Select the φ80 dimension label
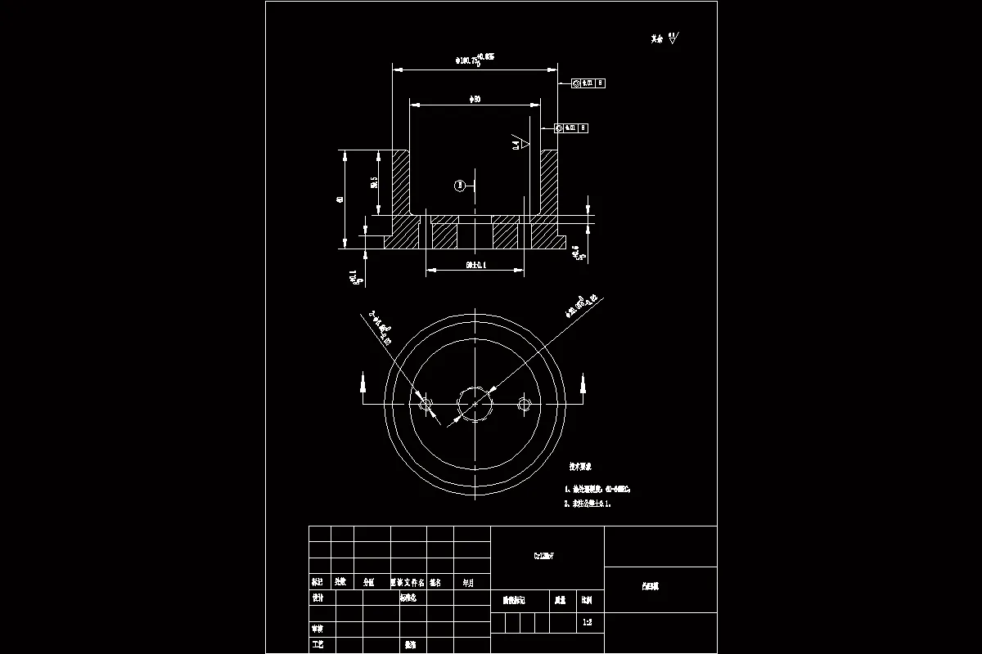(475, 99)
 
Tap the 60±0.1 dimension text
(475, 266)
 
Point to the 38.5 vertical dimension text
(374, 183)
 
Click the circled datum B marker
(460, 186)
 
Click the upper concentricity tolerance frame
(588, 83)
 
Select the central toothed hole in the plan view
(475, 403)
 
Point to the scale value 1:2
(587, 622)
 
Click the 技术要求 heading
(581, 467)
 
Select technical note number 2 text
(588, 504)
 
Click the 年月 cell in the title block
(468, 583)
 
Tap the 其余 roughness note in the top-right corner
(664, 38)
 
